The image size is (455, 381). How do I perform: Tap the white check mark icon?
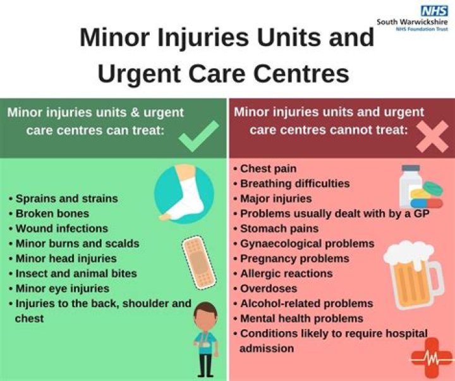coord(200,136)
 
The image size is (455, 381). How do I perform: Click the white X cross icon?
coord(433,136)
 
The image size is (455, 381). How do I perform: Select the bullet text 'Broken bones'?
coord(52,213)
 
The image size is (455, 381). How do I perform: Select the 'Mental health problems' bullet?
coord(301,318)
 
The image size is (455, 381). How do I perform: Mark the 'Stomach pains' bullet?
coord(279,228)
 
